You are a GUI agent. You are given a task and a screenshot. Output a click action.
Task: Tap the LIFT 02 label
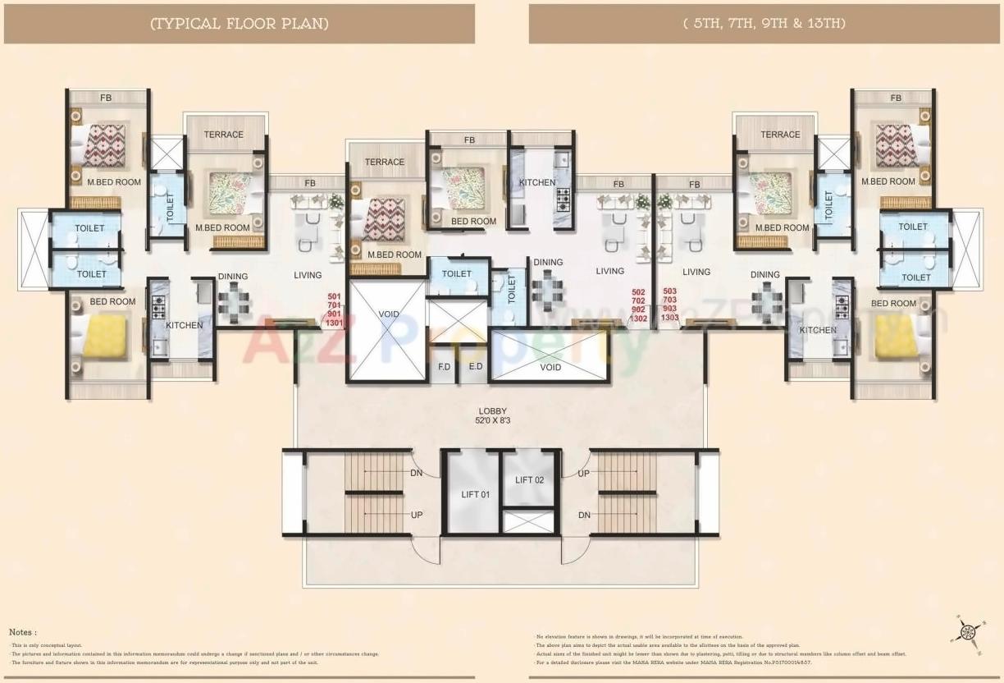pyautogui.click(x=529, y=480)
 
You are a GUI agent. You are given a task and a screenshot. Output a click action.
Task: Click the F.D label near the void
pyautogui.click(x=444, y=367)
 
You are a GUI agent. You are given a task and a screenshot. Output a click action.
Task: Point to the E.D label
pyautogui.click(x=475, y=367)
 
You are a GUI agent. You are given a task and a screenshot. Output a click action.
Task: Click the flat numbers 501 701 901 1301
pyautogui.click(x=334, y=309)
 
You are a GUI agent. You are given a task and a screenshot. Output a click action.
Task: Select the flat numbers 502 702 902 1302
pyautogui.click(x=639, y=305)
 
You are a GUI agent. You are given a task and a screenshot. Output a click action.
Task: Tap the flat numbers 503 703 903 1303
pyautogui.click(x=669, y=305)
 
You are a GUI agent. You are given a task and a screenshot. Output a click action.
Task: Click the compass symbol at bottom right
pyautogui.click(x=967, y=631)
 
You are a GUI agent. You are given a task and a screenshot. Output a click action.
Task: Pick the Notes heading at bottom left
pyautogui.click(x=23, y=632)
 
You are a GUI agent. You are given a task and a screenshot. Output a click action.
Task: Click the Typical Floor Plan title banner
pyautogui.click(x=240, y=24)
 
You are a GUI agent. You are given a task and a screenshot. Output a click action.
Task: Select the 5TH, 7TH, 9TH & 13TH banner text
pyautogui.click(x=764, y=24)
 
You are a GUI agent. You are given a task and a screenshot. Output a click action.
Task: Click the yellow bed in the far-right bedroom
pyautogui.click(x=896, y=337)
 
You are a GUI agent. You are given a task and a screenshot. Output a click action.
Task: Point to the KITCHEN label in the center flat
pyautogui.click(x=537, y=182)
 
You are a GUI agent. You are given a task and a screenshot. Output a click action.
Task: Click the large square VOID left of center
pyautogui.click(x=389, y=330)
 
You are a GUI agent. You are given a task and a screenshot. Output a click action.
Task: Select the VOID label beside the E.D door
pyautogui.click(x=551, y=367)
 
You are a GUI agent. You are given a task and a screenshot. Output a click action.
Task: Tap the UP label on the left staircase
pyautogui.click(x=417, y=514)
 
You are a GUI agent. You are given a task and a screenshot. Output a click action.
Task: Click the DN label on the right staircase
pyautogui.click(x=583, y=515)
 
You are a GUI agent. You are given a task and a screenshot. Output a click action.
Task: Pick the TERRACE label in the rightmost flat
pyautogui.click(x=779, y=135)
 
